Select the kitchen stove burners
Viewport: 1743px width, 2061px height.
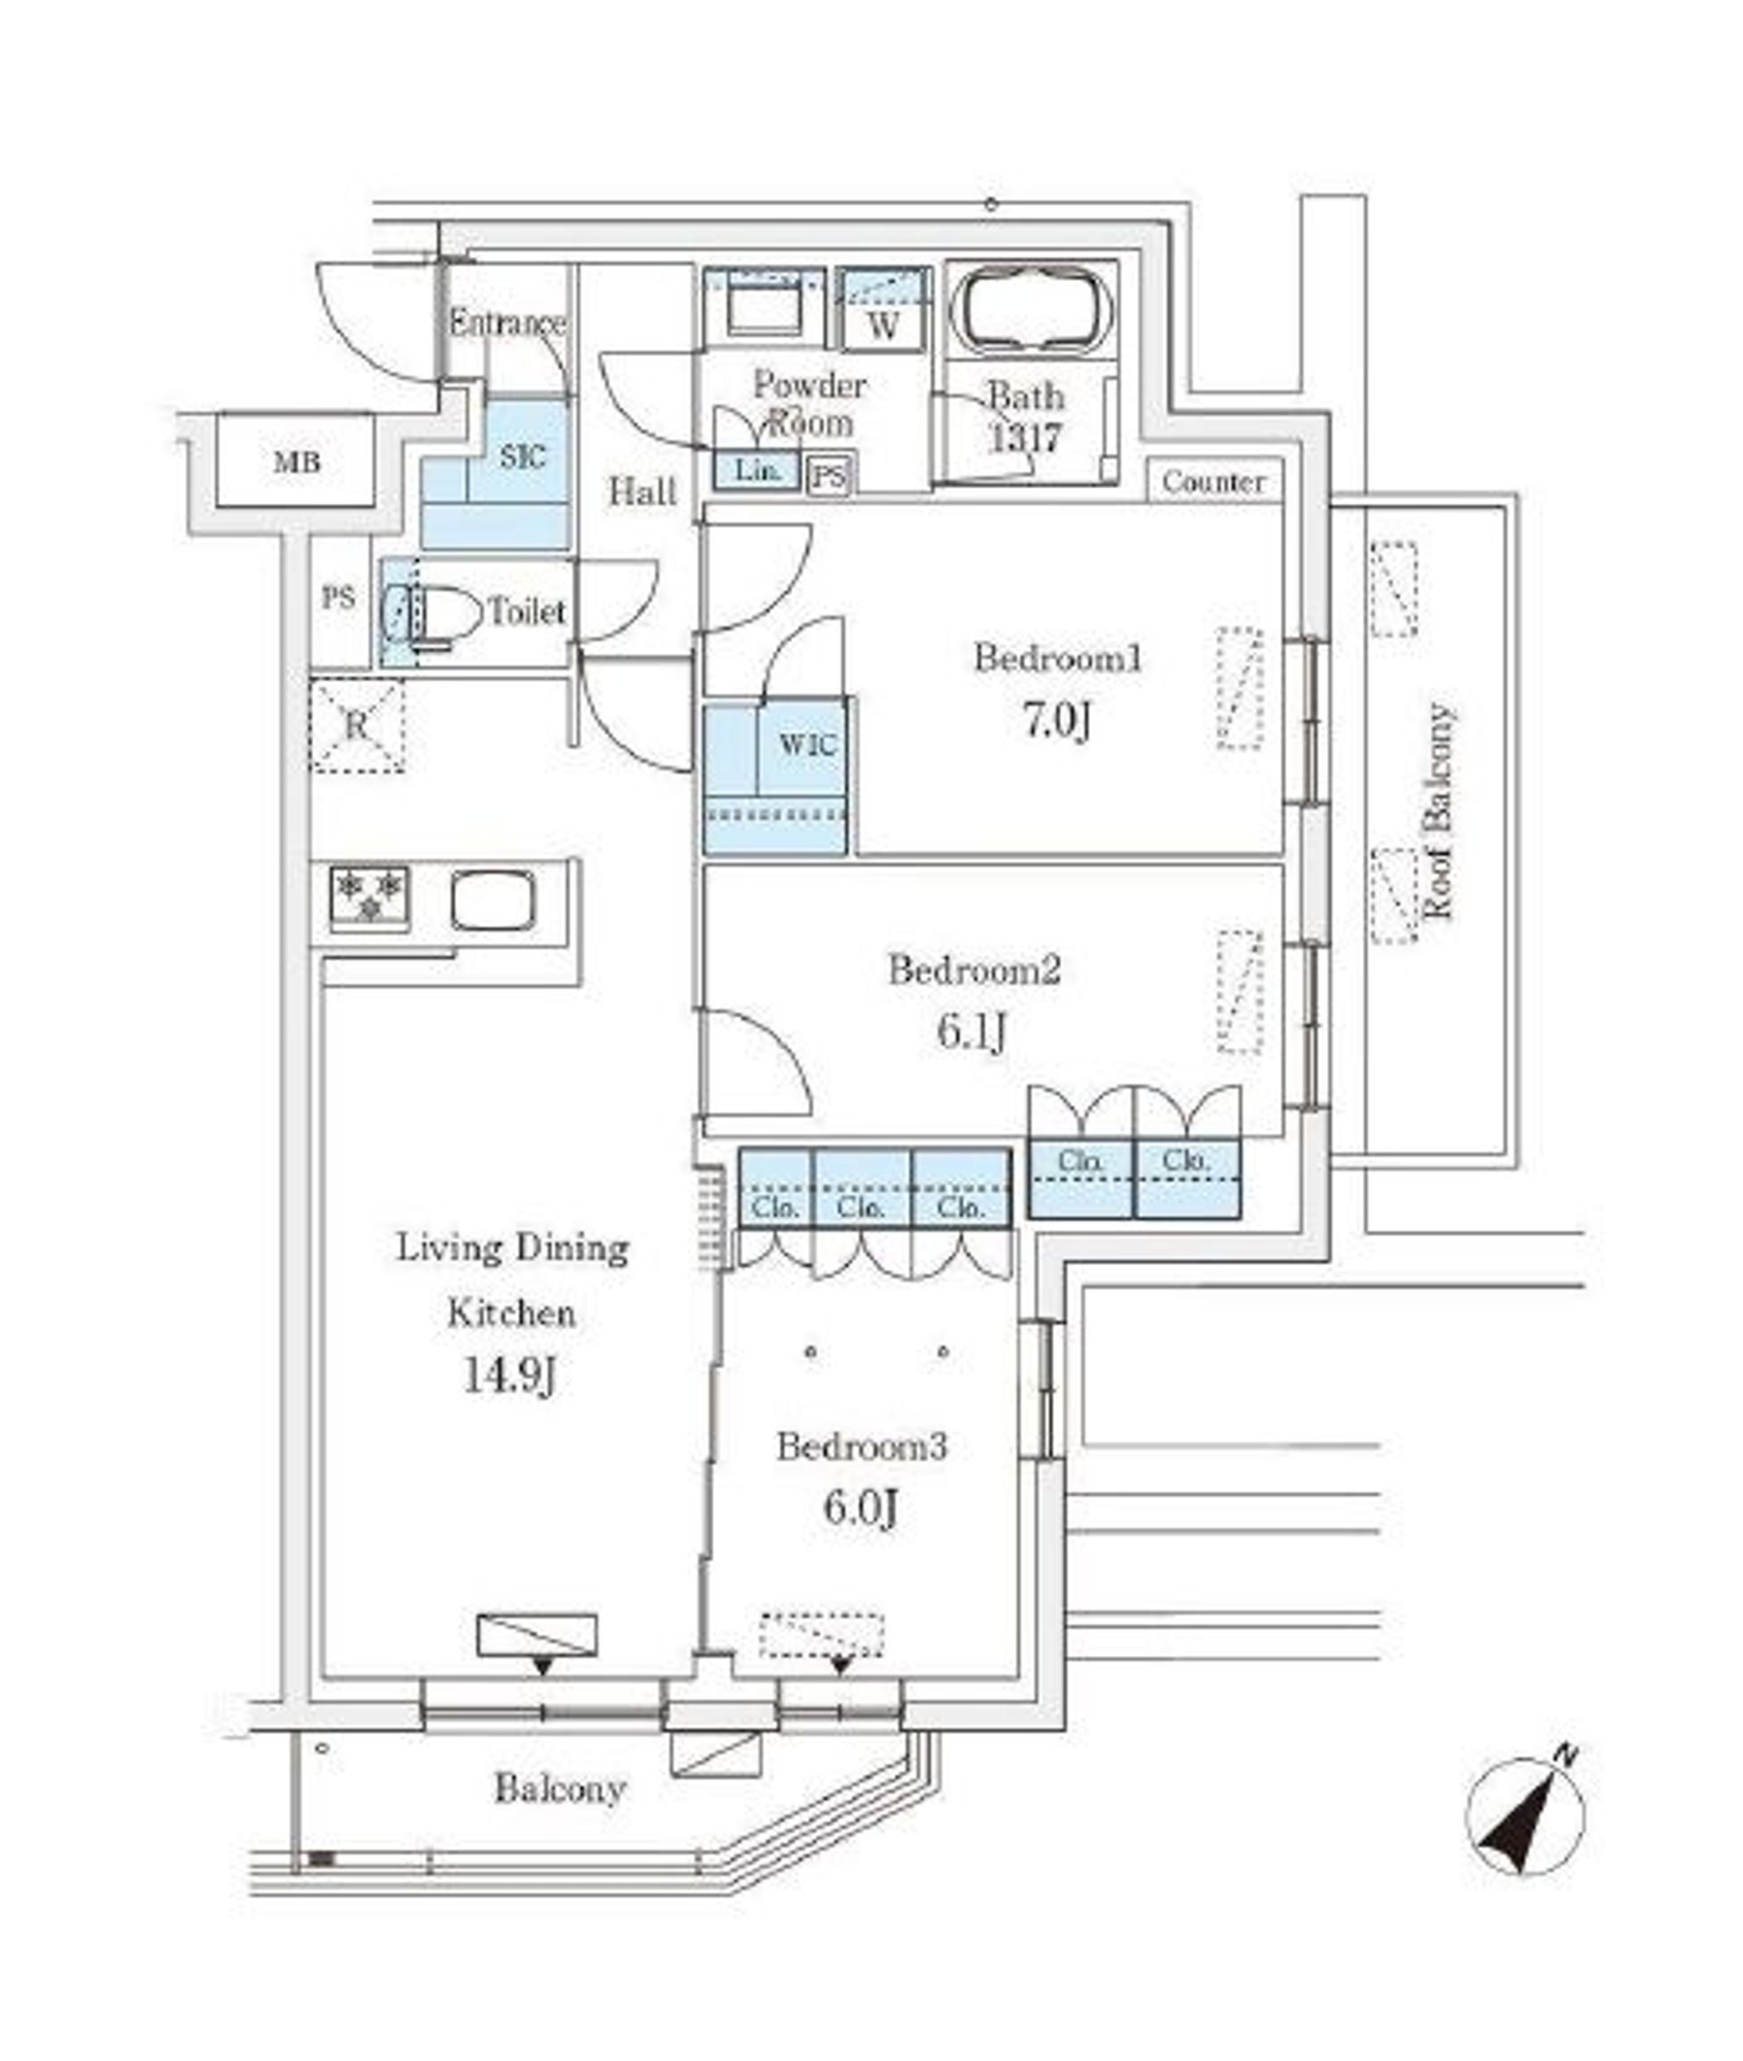pos(370,897)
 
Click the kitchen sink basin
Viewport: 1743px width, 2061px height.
pos(494,900)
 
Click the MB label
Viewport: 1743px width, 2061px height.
pos(297,462)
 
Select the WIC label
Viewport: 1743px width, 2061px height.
pos(809,744)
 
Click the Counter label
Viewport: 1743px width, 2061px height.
pos(1214,482)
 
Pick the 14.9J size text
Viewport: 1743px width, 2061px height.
pos(511,1376)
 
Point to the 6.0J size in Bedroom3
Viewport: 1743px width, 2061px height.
pos(860,1509)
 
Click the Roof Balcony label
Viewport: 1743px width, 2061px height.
pos(1437,810)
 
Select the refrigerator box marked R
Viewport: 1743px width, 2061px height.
pos(357,726)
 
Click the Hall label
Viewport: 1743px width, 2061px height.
pos(643,491)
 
